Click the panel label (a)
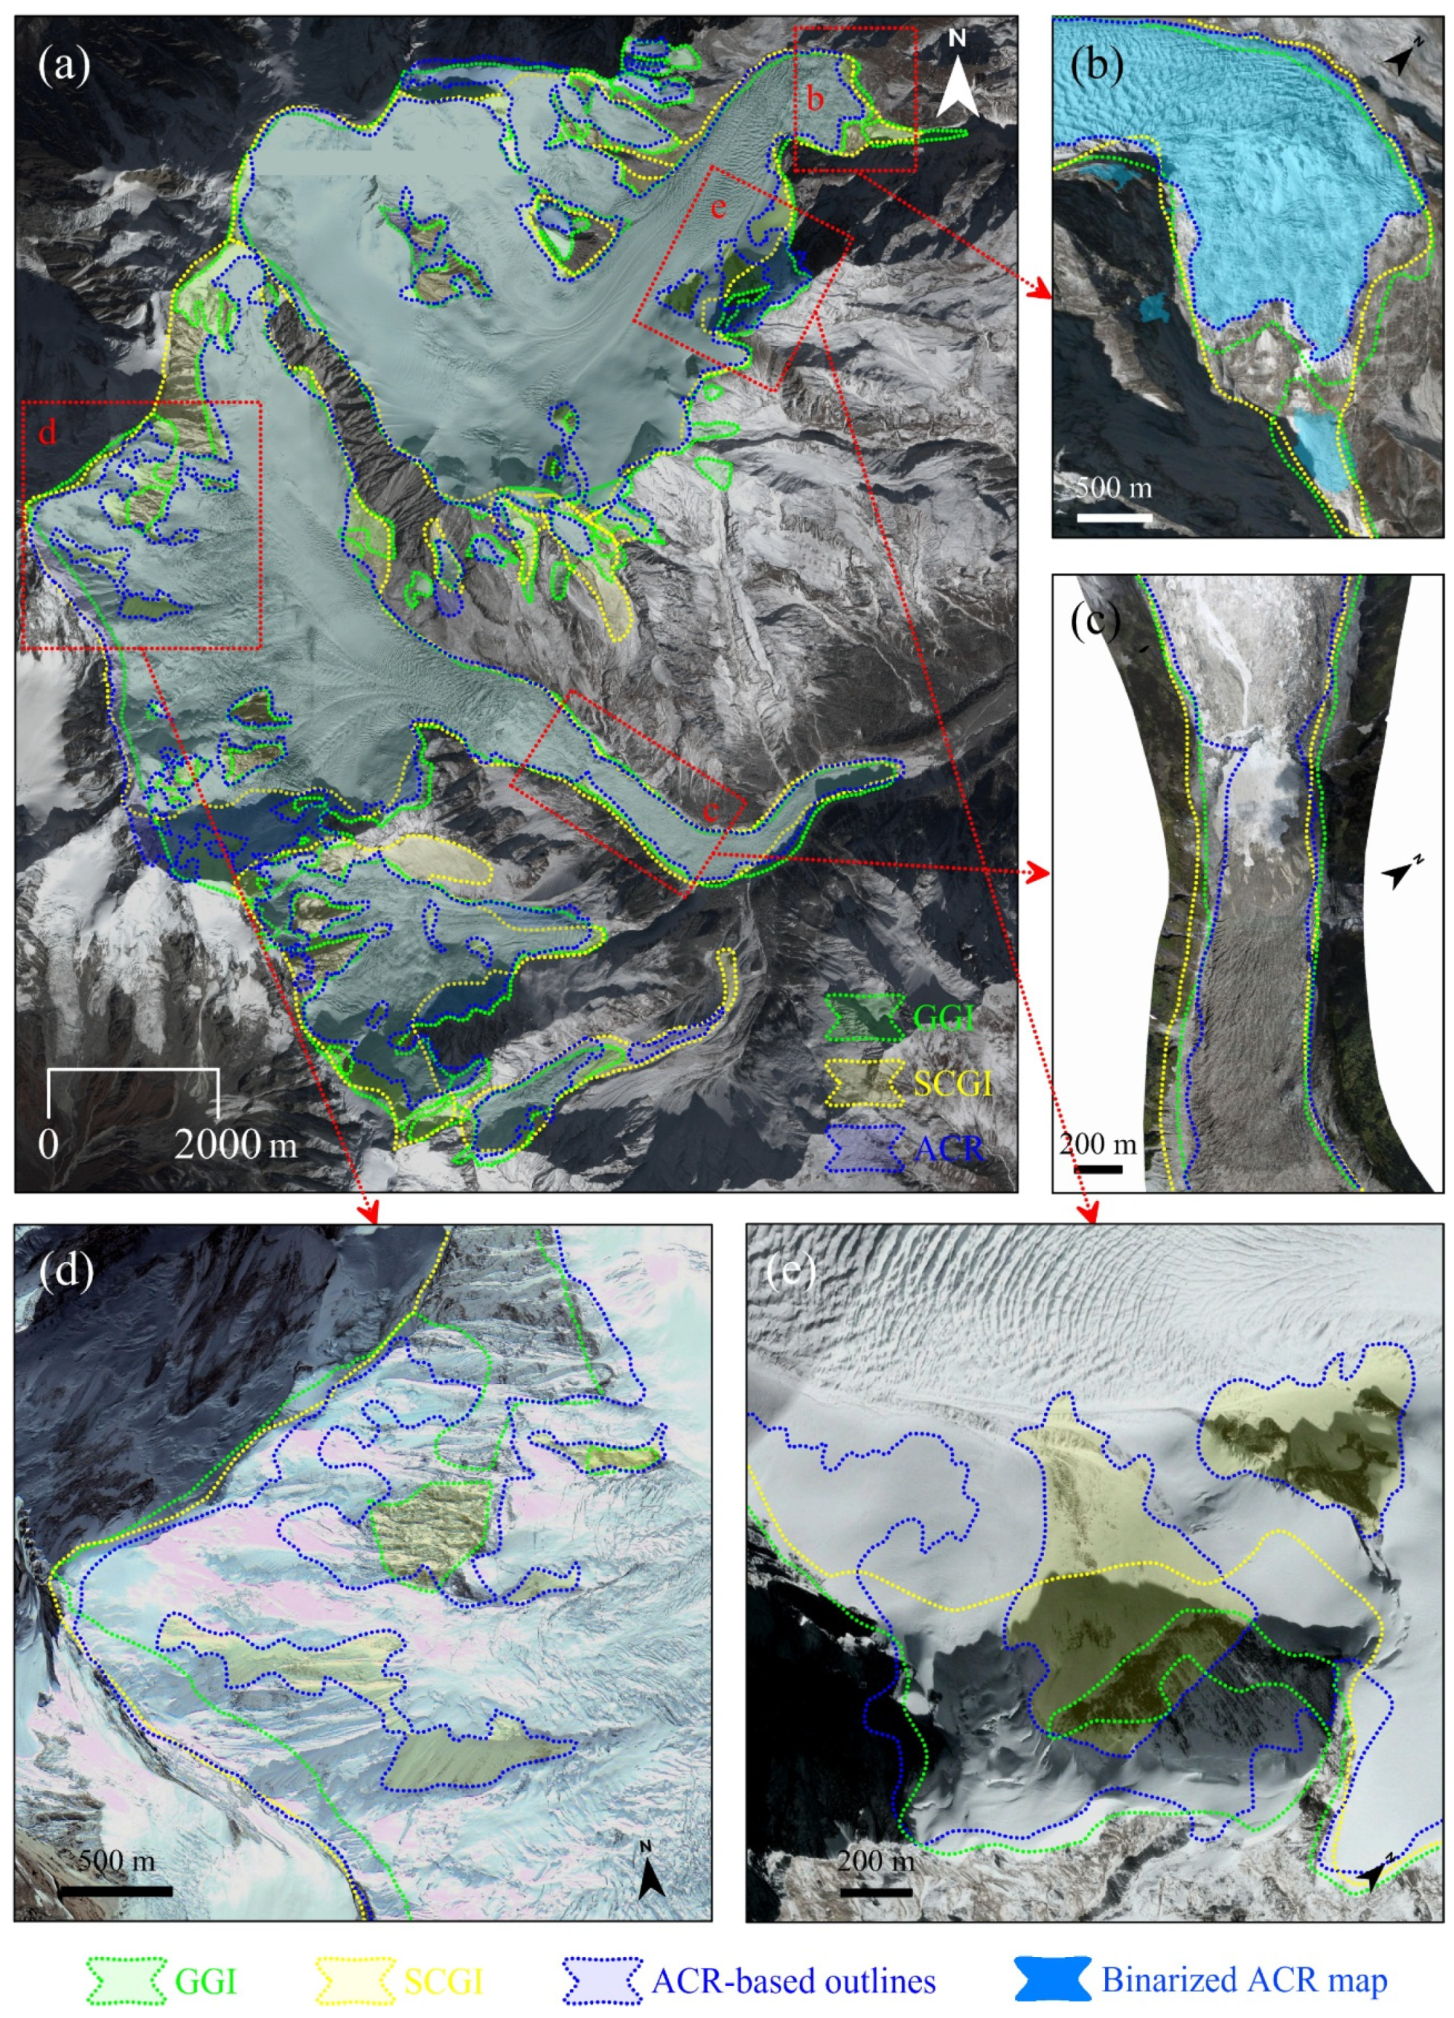point(64,66)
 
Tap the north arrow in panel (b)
point(1403,59)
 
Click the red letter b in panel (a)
point(814,100)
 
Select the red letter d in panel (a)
point(47,433)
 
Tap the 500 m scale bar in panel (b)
point(1114,516)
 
